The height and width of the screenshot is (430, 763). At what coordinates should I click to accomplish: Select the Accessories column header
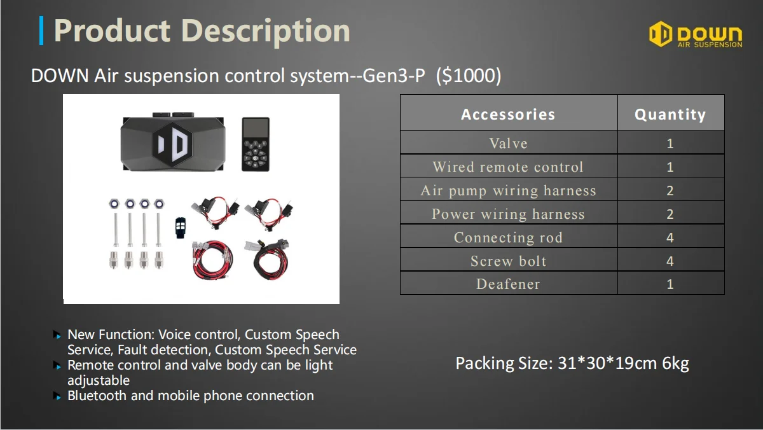(508, 114)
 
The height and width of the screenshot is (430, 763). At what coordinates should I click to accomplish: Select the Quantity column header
(670, 114)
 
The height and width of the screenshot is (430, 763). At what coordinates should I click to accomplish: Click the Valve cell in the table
(508, 143)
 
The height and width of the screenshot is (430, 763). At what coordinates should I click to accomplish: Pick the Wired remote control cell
(508, 167)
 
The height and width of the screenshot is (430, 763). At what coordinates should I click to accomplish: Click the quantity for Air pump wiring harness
(670, 191)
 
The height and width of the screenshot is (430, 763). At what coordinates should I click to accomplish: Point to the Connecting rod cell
(508, 238)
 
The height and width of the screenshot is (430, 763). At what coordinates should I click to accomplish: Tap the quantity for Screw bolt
(670, 261)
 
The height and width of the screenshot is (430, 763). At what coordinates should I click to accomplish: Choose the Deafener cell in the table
(508, 284)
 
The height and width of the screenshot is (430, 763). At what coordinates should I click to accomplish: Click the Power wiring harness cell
(508, 214)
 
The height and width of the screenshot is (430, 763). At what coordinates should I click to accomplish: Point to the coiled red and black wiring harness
(212, 261)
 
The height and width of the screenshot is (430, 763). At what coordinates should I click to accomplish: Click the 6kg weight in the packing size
(676, 363)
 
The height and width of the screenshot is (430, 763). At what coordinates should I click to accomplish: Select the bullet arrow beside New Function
(58, 335)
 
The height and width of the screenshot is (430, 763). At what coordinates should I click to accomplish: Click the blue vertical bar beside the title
(42, 31)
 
